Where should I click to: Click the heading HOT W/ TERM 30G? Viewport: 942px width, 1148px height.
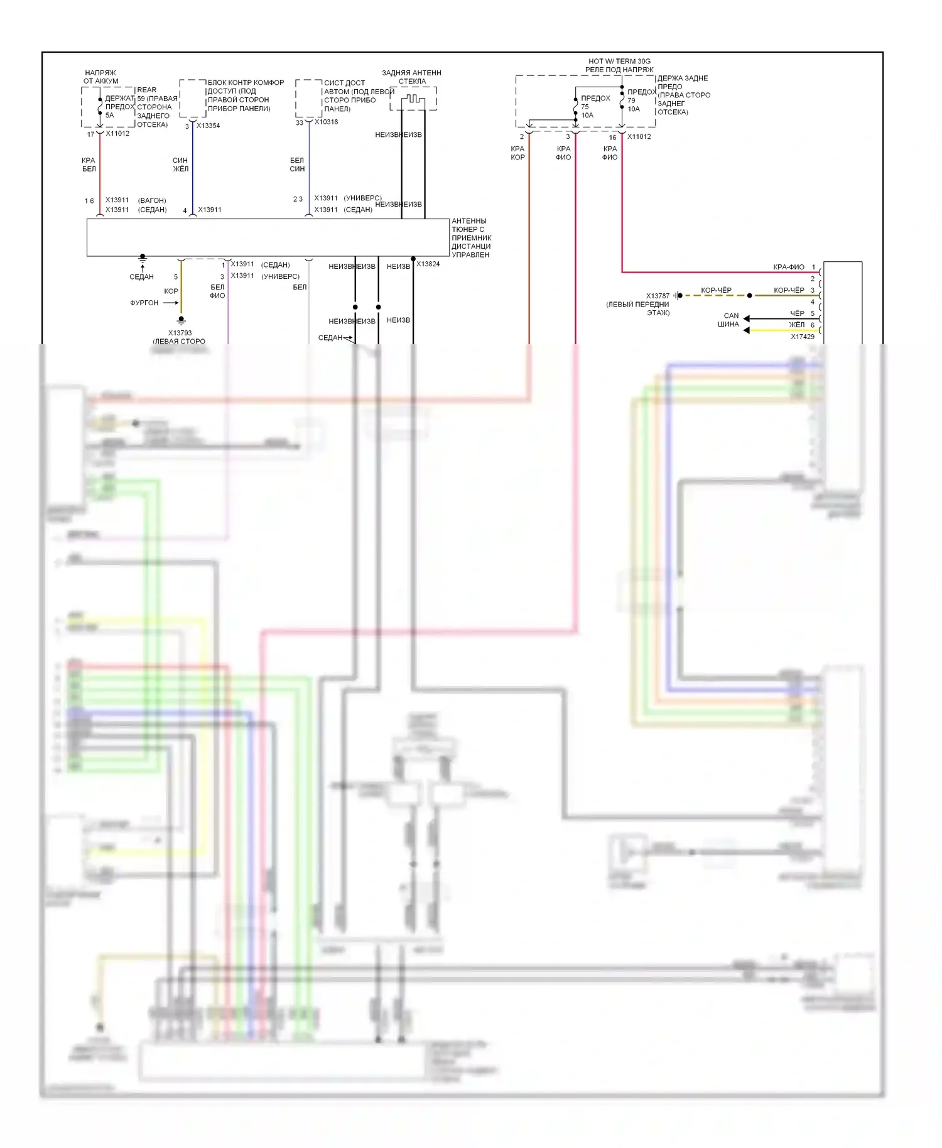[x=619, y=62]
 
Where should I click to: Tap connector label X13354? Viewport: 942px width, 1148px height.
[x=208, y=126]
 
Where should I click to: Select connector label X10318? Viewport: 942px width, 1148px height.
[x=326, y=122]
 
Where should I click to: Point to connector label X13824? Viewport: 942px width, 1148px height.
[x=428, y=264]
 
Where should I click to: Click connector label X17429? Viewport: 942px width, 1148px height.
[x=802, y=337]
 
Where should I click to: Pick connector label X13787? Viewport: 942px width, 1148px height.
[x=658, y=296]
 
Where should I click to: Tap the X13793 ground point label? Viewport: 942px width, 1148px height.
[x=180, y=333]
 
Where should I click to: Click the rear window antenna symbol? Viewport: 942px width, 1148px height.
[x=413, y=99]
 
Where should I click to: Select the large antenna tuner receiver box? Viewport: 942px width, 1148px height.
[x=268, y=237]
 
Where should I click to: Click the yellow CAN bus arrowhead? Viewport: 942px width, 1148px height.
[x=747, y=330]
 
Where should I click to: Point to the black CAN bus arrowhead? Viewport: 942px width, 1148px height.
[x=747, y=319]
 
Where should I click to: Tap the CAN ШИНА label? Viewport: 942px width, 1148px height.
[x=730, y=320]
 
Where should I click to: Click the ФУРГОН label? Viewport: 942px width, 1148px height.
[x=144, y=303]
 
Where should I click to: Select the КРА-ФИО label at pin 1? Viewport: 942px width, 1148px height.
[x=788, y=267]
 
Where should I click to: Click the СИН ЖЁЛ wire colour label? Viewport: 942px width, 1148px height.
[x=180, y=165]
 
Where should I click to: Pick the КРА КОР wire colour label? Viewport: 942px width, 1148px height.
[x=517, y=153]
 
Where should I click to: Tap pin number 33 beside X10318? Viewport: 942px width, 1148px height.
[x=300, y=122]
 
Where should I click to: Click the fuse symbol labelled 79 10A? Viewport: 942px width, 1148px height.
[x=622, y=99]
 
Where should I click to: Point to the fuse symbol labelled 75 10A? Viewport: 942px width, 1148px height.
[x=575, y=107]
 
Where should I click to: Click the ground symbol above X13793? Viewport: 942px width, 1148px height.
[x=181, y=320]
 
